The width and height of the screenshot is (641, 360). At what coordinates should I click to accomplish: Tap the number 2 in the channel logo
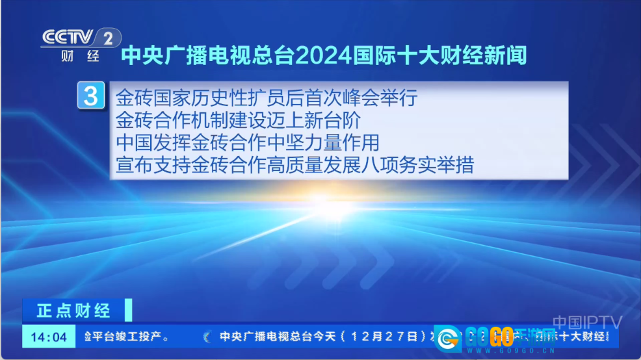click(x=108, y=38)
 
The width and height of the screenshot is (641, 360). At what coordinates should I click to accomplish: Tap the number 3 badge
click(x=91, y=96)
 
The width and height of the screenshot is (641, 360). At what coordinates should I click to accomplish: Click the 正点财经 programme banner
click(x=73, y=311)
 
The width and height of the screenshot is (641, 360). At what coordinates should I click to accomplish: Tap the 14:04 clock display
click(x=49, y=337)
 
